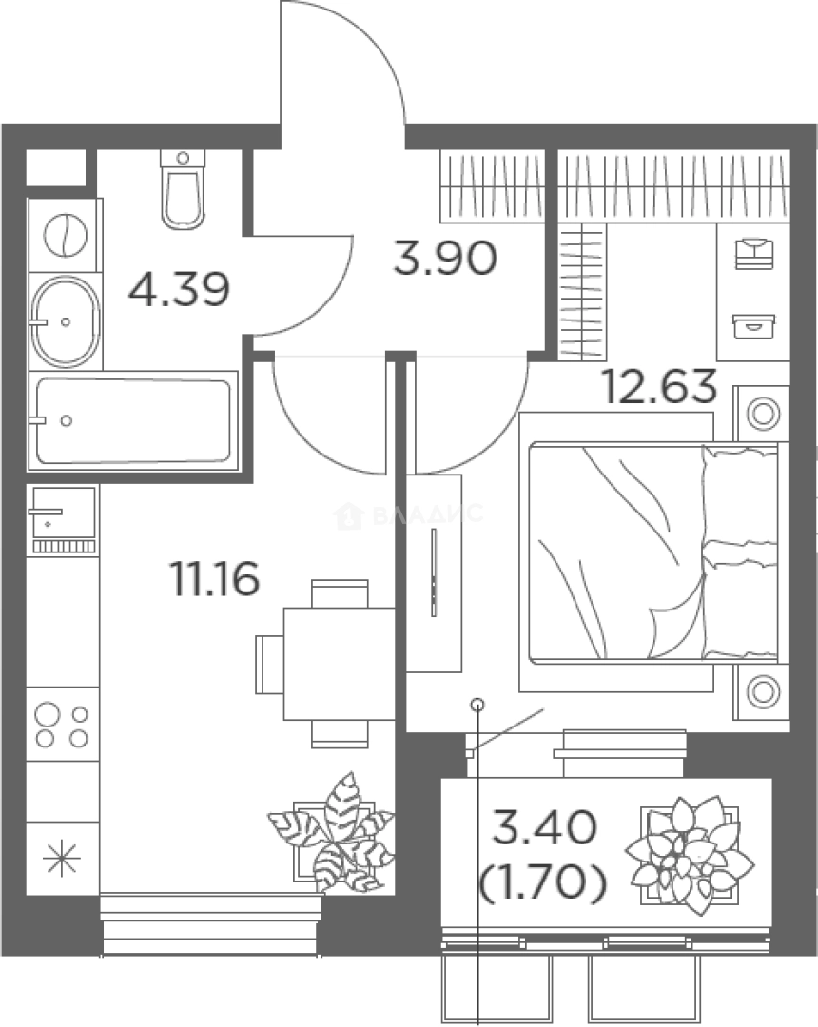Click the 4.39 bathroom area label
(x=179, y=289)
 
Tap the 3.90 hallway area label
(x=445, y=258)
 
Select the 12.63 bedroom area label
(x=659, y=386)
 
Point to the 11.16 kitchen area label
(x=215, y=579)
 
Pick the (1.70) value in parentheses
(x=543, y=882)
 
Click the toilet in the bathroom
(x=183, y=190)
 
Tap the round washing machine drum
(x=66, y=235)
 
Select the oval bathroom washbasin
(x=66, y=321)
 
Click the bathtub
(x=133, y=420)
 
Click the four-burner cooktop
(x=62, y=725)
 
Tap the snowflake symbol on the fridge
(x=61, y=858)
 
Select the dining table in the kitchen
(x=340, y=664)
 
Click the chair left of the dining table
(x=269, y=664)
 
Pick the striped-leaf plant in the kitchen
(x=332, y=833)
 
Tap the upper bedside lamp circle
(x=763, y=414)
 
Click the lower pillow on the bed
(x=740, y=600)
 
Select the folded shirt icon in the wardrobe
(x=754, y=253)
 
